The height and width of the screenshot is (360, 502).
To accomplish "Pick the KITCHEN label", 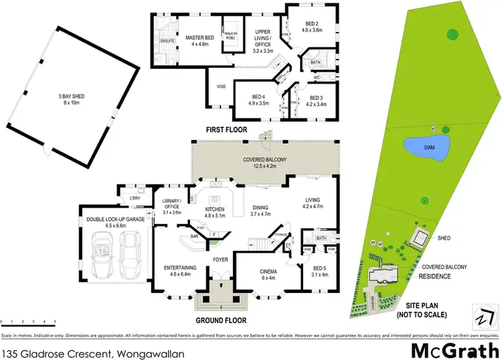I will coord(216,210).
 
